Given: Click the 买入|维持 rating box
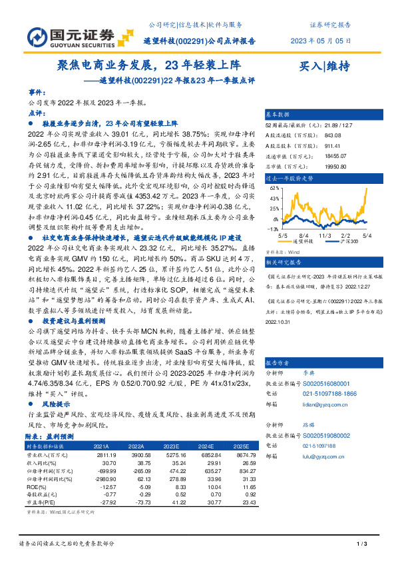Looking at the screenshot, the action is click(325, 65).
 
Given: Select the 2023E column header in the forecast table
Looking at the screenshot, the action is click(171, 446).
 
